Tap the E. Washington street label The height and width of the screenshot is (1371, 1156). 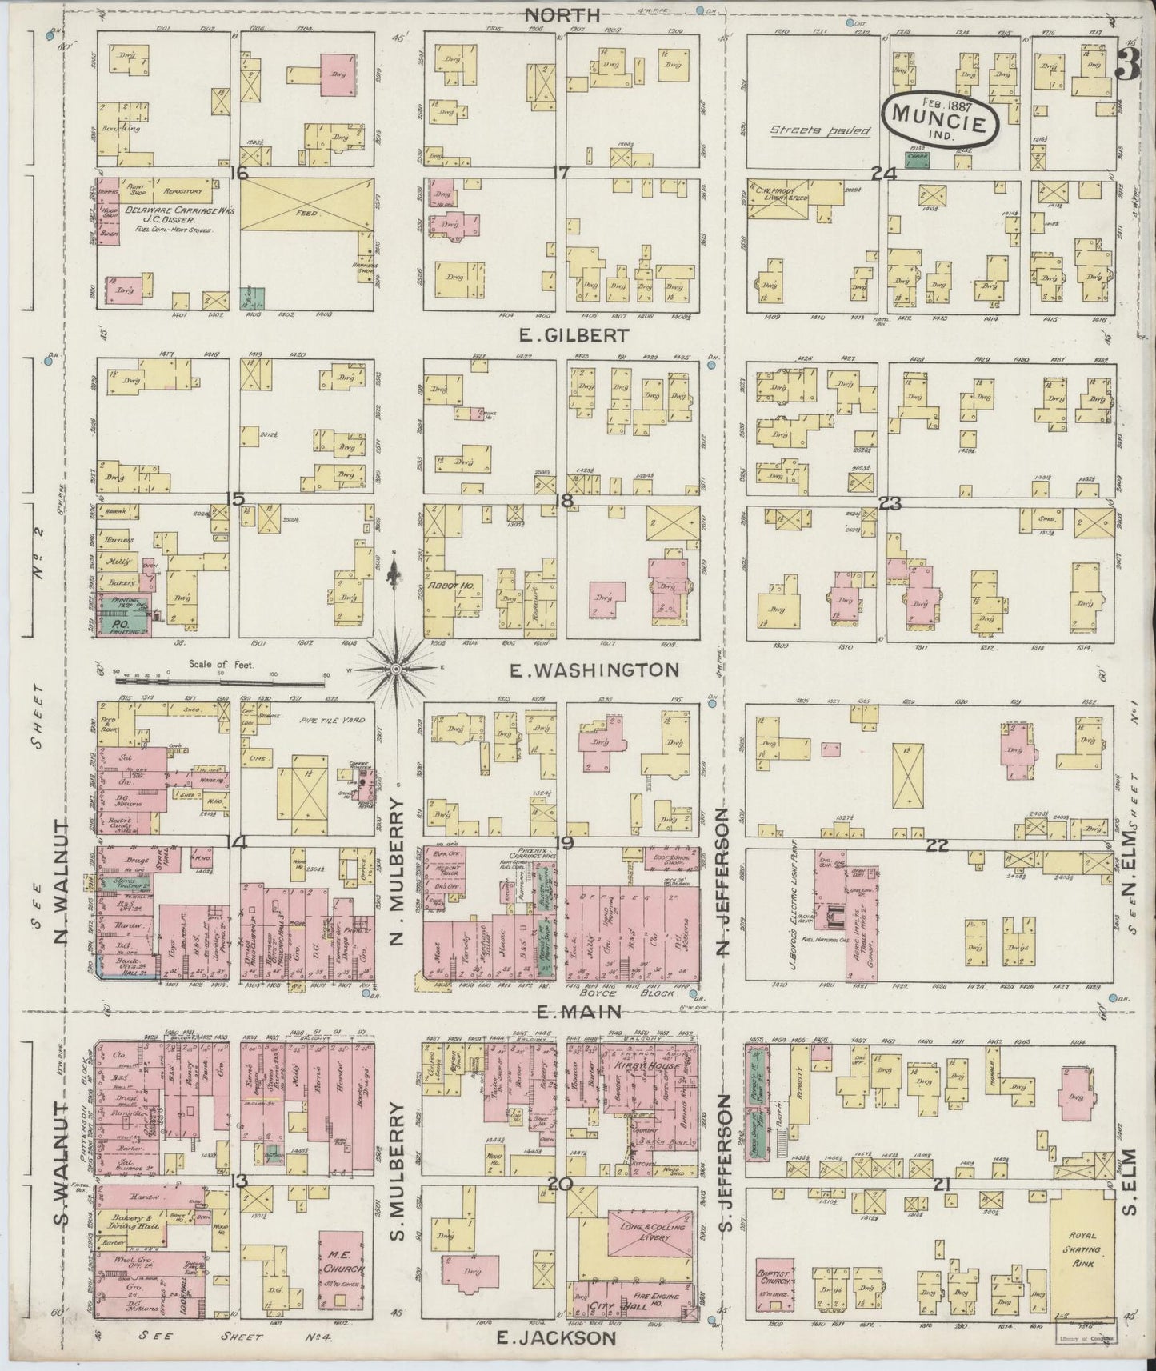tap(594, 670)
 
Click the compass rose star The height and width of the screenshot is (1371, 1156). tap(395, 668)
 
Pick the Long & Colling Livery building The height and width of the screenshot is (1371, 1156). tap(650, 1232)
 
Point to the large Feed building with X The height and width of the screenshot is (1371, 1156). tap(307, 213)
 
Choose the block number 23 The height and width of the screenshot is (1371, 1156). tap(890, 503)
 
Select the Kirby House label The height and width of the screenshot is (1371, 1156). tap(635, 1068)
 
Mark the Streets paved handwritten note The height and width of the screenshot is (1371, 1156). tap(819, 130)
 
